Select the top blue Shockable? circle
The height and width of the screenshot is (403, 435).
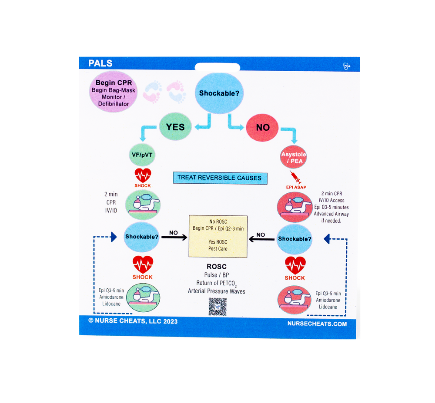pyautogui.click(x=219, y=93)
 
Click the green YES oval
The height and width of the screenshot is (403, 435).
pyautogui.click(x=175, y=127)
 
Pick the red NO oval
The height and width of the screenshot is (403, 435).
pyautogui.click(x=263, y=128)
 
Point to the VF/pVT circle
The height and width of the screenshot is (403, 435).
pyautogui.click(x=142, y=155)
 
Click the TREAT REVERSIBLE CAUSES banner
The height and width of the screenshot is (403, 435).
pyautogui.click(x=219, y=178)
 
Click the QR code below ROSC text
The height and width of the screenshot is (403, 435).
pyautogui.click(x=217, y=307)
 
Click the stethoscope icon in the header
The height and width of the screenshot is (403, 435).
pyautogui.click(x=346, y=66)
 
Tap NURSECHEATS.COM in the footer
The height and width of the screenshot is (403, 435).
pyautogui.click(x=317, y=324)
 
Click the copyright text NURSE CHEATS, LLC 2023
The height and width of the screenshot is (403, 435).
pyautogui.click(x=133, y=321)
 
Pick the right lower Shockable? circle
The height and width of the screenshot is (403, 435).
pyautogui.click(x=294, y=239)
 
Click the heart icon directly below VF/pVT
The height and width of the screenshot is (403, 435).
pyautogui.click(x=142, y=176)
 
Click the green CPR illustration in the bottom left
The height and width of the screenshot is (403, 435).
pyautogui.click(x=143, y=298)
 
